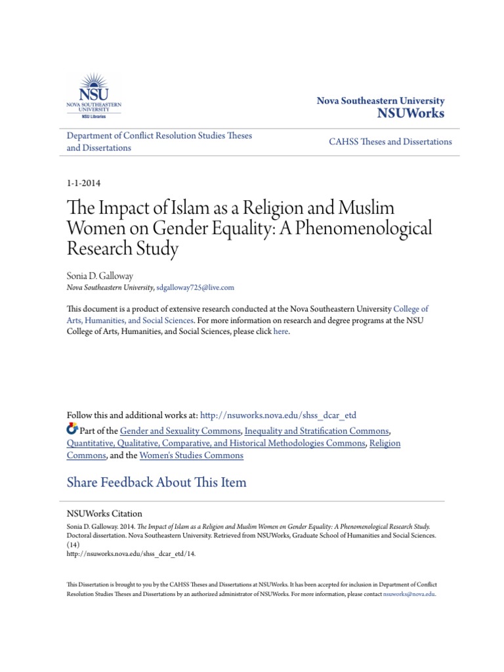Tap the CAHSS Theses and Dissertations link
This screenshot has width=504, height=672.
coord(390,142)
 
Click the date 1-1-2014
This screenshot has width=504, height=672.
coord(83,183)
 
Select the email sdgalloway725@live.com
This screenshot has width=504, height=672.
coord(195,287)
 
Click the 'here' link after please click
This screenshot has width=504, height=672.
coord(280,331)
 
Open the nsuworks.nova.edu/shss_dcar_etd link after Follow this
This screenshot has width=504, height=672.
coord(278,415)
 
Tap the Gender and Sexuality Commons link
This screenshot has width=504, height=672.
coord(180,430)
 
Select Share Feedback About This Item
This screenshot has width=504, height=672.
coord(157,482)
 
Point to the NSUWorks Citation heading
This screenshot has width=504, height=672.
coord(105,514)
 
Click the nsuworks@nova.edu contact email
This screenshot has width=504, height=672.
coord(410,594)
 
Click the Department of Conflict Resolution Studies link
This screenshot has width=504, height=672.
coord(159,135)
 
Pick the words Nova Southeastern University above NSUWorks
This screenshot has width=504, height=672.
coord(381,101)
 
